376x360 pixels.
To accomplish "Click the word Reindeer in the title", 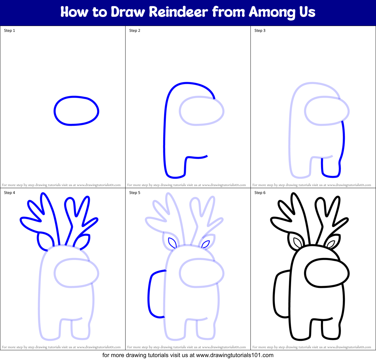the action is click(x=179, y=12).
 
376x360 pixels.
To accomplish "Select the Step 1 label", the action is click(x=9, y=31).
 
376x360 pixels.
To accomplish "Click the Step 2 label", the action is click(x=135, y=31).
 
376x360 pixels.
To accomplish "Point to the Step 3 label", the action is click(x=260, y=31).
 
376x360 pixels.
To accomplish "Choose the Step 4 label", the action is click(x=9, y=193).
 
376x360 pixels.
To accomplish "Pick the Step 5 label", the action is click(x=135, y=193).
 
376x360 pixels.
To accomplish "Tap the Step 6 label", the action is click(x=260, y=193).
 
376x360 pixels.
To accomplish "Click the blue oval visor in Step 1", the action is click(x=54, y=111).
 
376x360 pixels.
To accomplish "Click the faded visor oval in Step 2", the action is click(x=179, y=111).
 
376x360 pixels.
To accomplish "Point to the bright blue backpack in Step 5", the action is click(x=149, y=295).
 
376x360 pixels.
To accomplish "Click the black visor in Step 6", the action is click(x=305, y=273).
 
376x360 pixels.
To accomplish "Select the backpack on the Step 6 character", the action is click(x=274, y=295).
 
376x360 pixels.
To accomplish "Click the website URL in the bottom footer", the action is click(x=235, y=355).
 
